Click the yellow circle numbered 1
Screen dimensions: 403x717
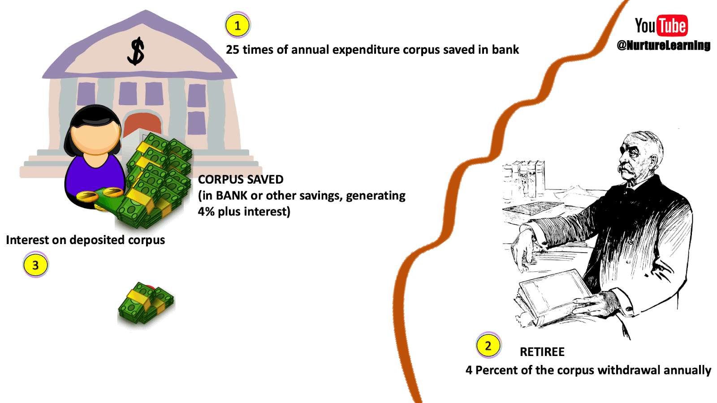[x=238, y=26]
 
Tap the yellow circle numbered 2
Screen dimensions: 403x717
[x=488, y=346]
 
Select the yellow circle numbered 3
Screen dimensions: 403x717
[x=35, y=265]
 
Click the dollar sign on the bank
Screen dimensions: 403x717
[x=136, y=51]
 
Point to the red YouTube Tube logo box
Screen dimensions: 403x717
[x=672, y=26]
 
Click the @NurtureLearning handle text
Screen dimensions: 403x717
[x=663, y=45]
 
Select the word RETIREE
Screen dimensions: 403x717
[x=542, y=352]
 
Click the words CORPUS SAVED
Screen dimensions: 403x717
[x=241, y=180]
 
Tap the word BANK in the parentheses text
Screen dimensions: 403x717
[x=231, y=196]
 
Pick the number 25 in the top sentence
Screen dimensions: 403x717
[x=232, y=50]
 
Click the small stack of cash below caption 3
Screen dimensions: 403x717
[x=146, y=304]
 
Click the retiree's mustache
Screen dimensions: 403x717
[x=626, y=169]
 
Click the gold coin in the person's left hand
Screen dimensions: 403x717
[x=87, y=196]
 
